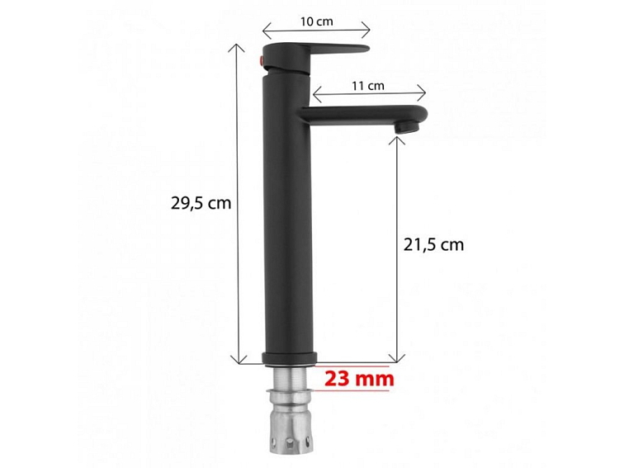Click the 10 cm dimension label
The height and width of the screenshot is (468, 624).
pos(316,21)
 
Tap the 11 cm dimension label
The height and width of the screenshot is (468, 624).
pos(368,86)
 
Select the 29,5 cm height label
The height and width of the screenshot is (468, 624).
pos(201,203)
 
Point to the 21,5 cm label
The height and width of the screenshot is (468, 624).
pos(434,244)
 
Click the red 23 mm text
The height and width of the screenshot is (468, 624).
pos(359,379)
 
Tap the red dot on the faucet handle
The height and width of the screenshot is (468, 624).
pos(262,60)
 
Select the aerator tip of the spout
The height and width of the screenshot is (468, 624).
pos(407,127)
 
